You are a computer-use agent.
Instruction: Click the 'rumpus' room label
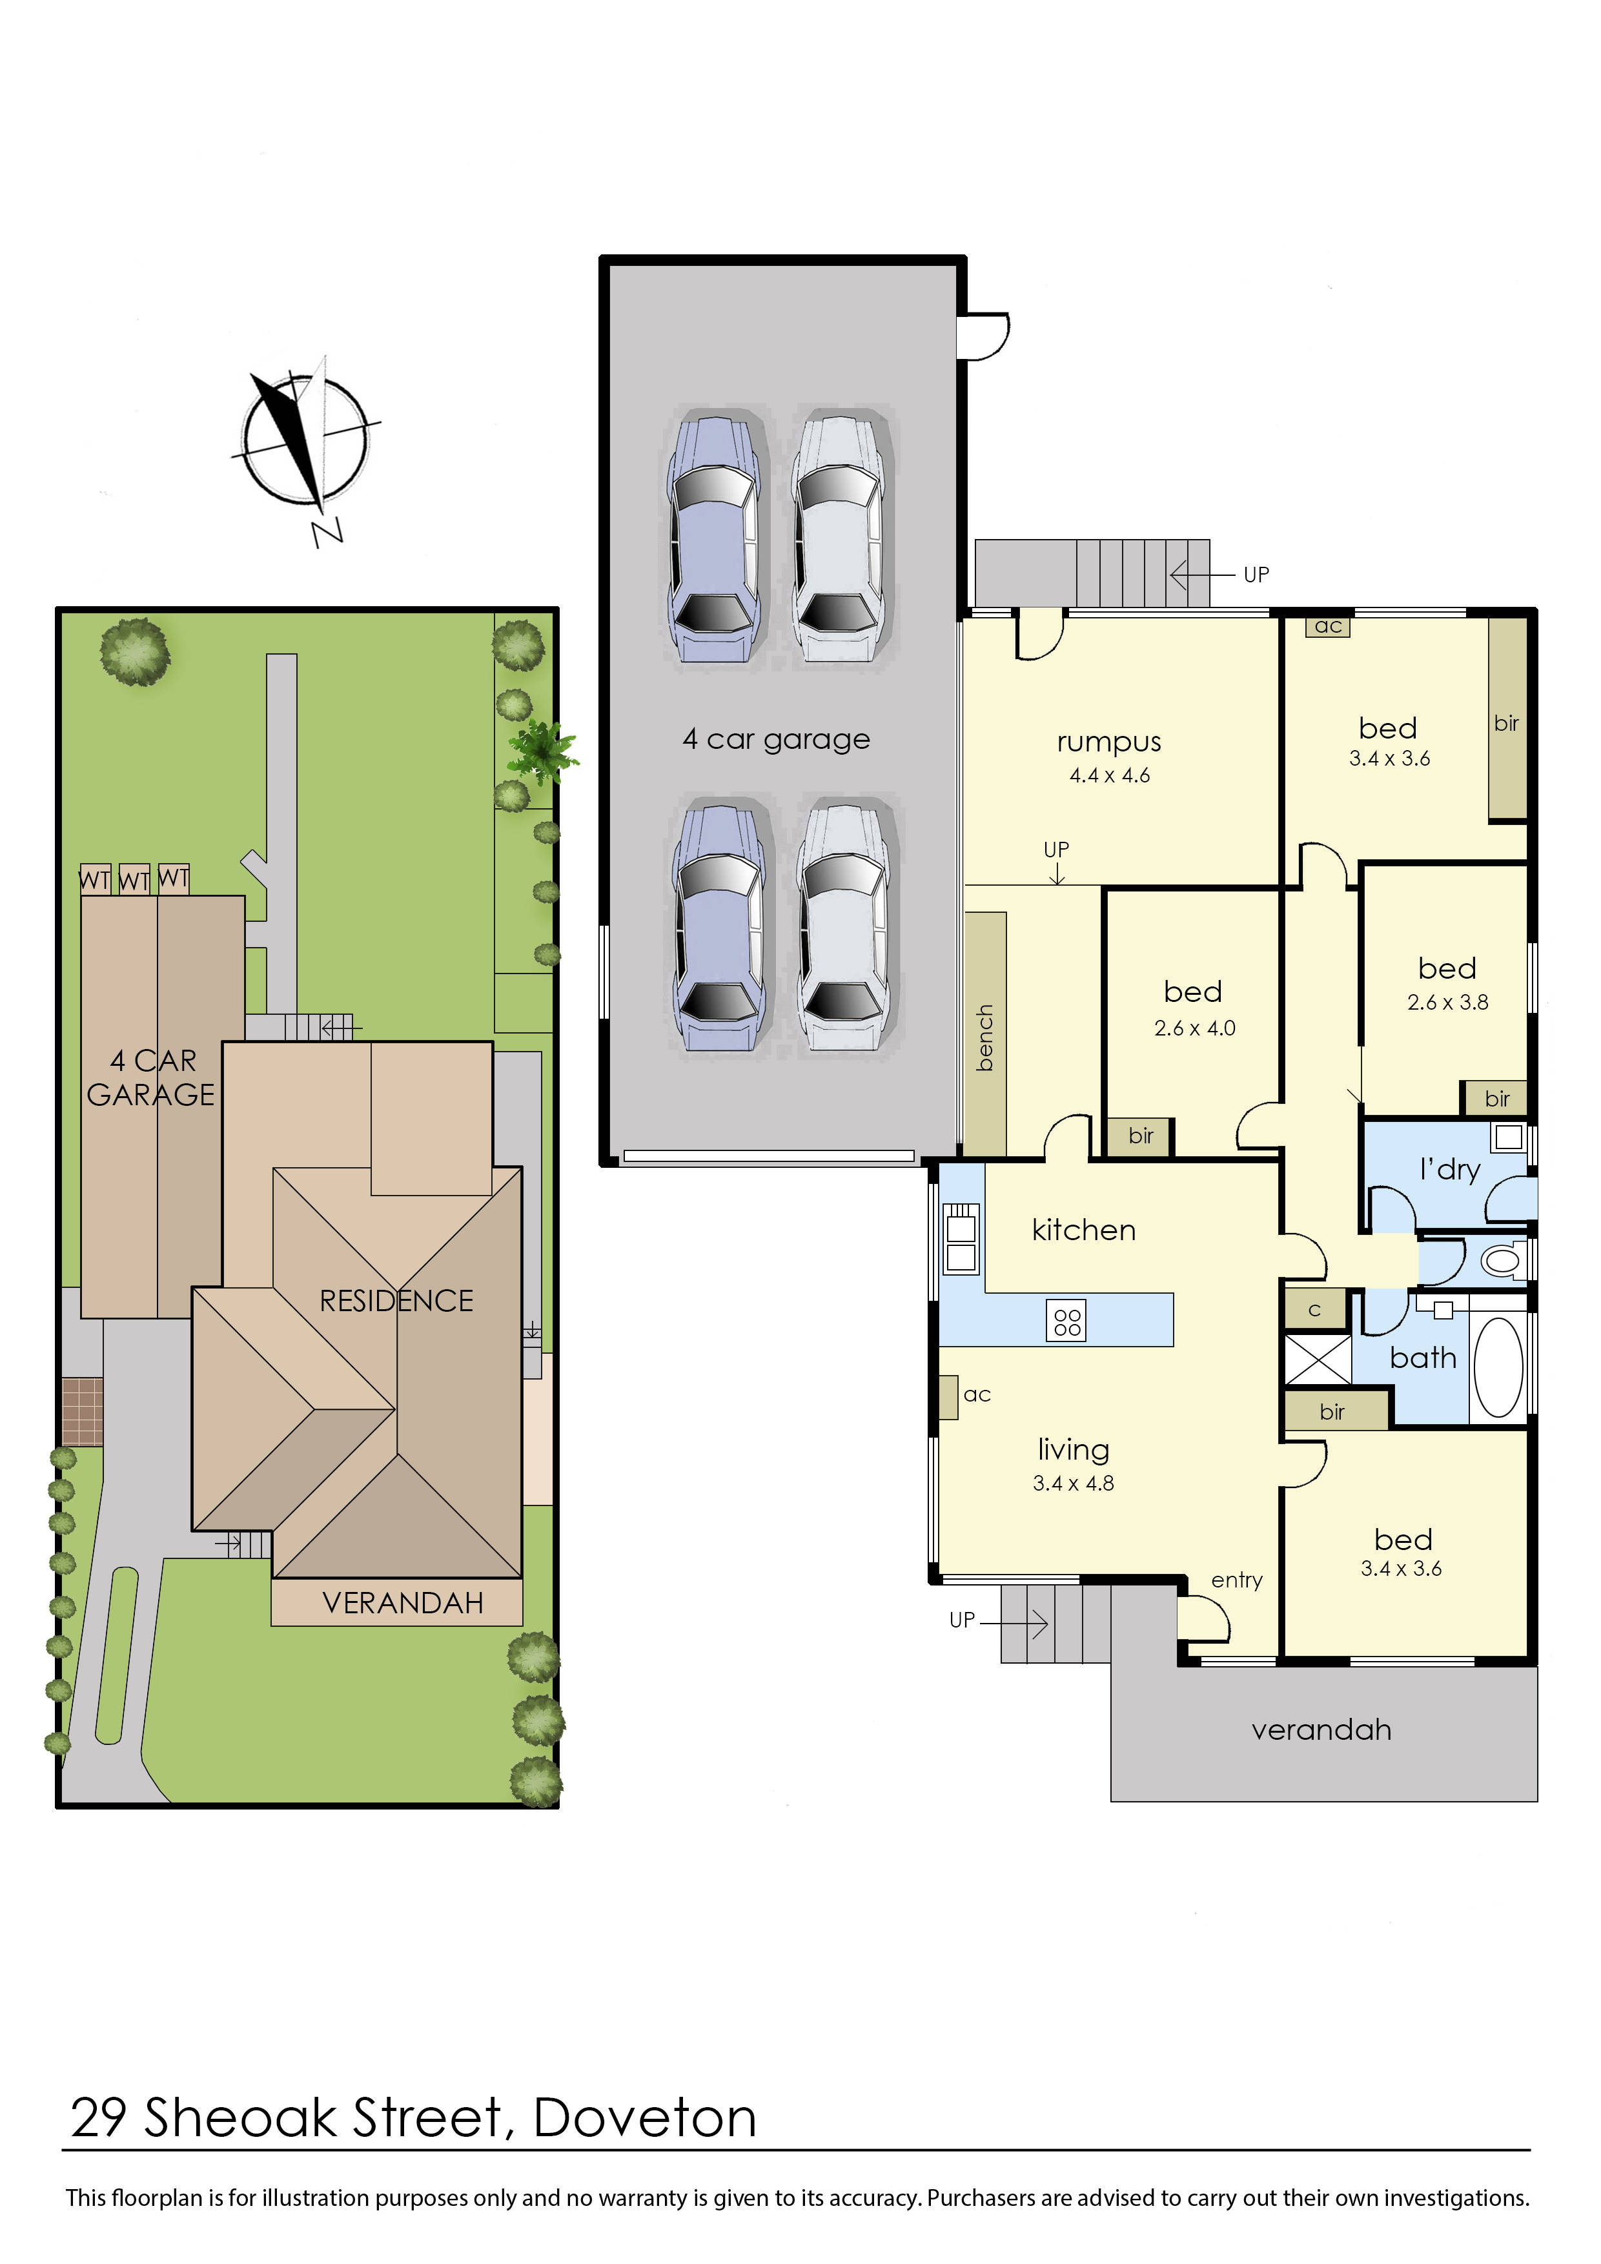pos(1109,742)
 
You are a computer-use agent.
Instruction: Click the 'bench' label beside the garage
pos(985,1038)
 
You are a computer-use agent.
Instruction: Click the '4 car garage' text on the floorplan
pos(777,739)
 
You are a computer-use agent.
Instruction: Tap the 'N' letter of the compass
pos(327,533)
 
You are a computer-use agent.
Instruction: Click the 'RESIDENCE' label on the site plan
pos(396,1301)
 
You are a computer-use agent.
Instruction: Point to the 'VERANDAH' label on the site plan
pos(403,1604)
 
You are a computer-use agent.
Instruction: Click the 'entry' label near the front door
pos(1238,1580)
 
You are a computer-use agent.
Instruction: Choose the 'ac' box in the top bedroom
pos(1328,626)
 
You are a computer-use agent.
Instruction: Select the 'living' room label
pos(1074,1449)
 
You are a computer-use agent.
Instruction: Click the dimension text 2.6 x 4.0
pos(1195,1028)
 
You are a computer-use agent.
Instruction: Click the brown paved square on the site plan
pos(83,1412)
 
